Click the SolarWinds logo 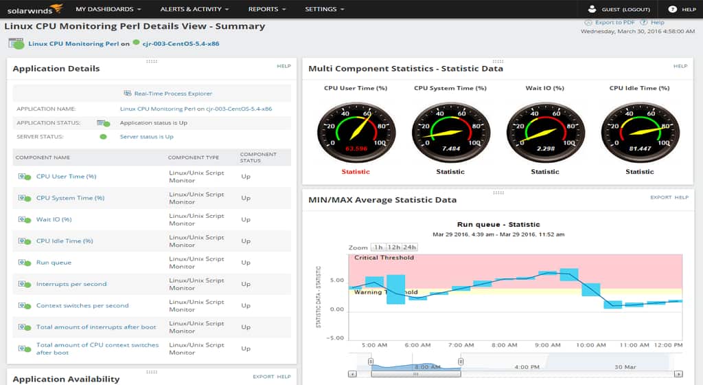34,9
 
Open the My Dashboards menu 108,10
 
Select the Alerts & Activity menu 194,10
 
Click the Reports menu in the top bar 267,10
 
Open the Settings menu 325,10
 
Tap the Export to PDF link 614,23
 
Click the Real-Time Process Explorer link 173,93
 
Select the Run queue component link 54,263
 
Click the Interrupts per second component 71,284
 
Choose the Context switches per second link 82,306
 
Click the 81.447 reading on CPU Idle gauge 640,148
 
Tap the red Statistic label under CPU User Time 356,172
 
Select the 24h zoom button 410,247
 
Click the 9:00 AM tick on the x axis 547,345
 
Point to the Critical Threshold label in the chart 384,258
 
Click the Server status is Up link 146,137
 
